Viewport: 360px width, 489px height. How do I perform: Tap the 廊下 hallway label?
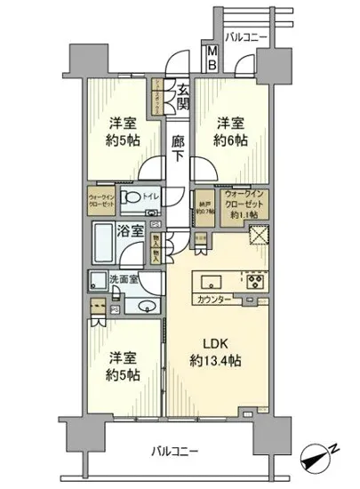coord(179,148)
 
